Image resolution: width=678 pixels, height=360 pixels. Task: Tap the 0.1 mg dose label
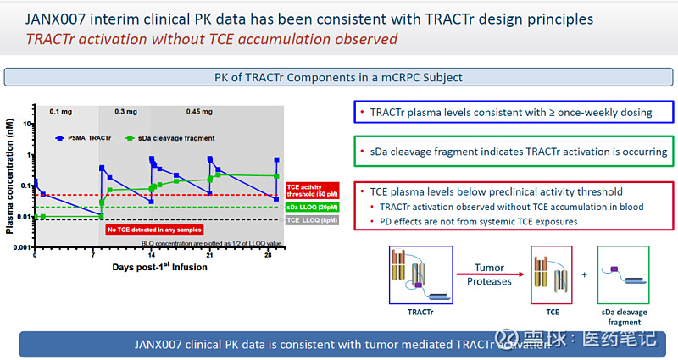[60, 112]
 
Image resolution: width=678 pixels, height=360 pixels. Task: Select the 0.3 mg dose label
[126, 112]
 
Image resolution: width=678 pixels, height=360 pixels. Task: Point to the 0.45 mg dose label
[199, 112]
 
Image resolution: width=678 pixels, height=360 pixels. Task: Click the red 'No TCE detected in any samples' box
[153, 229]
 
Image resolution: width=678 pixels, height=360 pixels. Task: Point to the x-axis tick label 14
[152, 256]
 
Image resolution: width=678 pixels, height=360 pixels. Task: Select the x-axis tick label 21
[210, 256]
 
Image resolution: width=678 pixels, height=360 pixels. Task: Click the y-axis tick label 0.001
[21, 247]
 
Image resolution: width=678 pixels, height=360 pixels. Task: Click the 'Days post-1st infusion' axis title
[159, 268]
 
